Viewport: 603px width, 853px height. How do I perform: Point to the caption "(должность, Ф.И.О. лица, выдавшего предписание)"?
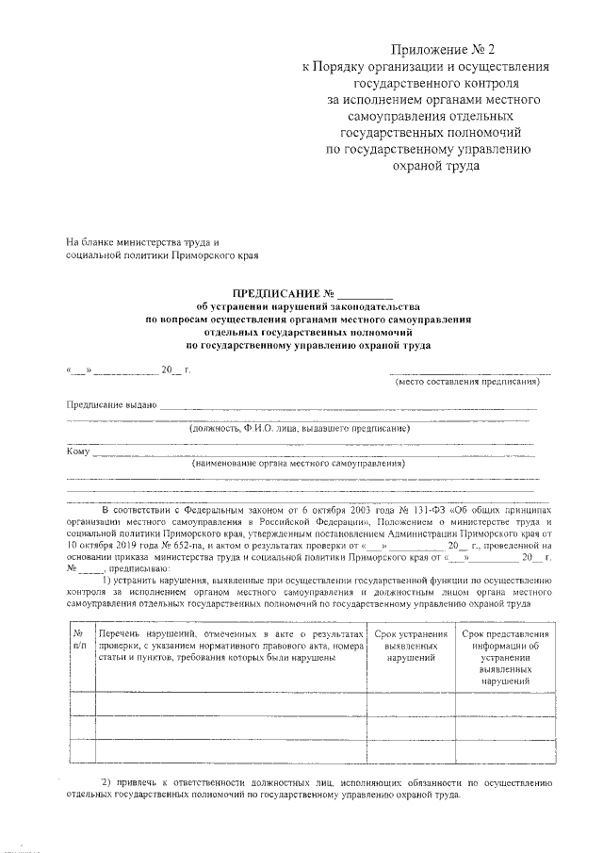pos(300,428)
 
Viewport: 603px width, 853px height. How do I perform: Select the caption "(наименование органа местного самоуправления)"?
pos(299,464)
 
